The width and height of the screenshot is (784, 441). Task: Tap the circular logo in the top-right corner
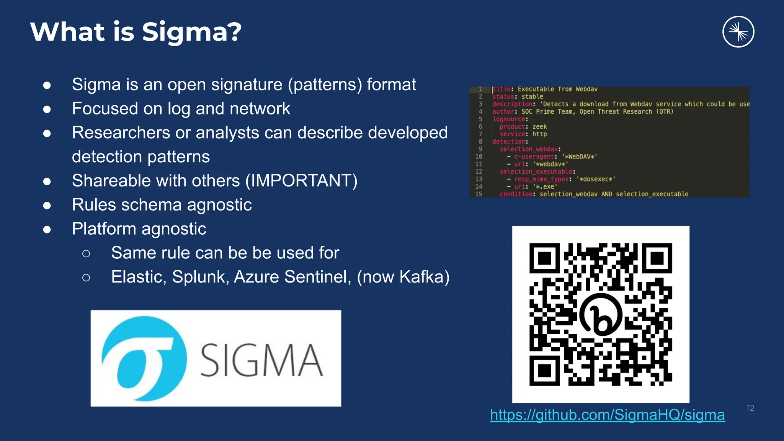click(738, 32)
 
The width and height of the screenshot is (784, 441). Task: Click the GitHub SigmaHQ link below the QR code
click(607, 415)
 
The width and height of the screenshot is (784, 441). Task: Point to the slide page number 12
click(750, 408)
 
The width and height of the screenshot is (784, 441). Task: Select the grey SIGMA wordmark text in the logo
click(261, 360)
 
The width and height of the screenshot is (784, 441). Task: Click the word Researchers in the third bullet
click(121, 133)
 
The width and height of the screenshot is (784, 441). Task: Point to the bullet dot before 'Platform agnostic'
click(47, 229)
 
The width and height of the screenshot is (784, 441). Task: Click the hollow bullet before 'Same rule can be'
click(86, 253)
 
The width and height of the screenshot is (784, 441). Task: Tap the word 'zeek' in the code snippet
click(539, 127)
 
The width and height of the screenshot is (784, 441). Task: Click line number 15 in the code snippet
click(479, 194)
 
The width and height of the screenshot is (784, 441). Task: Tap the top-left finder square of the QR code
click(544, 258)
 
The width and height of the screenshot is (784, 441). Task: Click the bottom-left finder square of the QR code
click(544, 371)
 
